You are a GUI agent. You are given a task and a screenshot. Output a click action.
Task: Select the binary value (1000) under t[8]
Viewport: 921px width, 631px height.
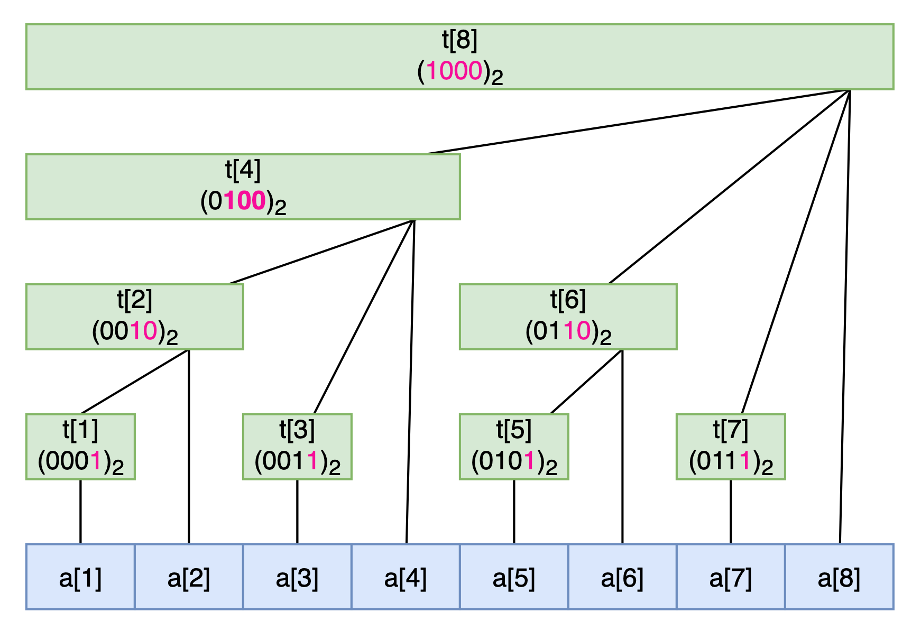point(459,72)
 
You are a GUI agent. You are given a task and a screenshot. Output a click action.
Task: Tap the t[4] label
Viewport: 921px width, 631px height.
point(243,171)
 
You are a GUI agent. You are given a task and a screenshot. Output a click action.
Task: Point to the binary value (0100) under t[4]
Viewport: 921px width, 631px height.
point(243,202)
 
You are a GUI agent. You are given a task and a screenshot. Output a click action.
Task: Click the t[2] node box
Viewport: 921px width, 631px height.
point(134,317)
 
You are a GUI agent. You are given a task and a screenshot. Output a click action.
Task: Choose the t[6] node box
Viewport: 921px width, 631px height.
point(568,317)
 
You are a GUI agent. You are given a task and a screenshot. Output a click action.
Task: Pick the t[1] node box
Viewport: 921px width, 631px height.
point(80,447)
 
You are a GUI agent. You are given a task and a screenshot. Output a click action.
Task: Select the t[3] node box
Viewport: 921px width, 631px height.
point(297,447)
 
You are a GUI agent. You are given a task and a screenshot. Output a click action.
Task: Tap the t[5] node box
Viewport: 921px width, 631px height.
point(514,447)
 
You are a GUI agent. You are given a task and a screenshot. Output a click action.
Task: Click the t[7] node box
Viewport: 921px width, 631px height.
point(731,447)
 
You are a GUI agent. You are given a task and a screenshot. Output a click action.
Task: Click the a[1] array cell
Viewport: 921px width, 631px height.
point(80,577)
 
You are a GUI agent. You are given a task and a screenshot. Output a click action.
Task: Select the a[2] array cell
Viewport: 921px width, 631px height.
point(189,577)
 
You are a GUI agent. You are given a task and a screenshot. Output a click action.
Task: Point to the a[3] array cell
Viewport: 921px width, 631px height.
point(297,577)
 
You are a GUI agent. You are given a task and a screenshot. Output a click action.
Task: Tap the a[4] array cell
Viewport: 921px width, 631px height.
point(406,577)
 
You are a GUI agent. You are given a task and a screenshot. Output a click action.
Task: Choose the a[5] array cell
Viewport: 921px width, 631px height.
point(514,577)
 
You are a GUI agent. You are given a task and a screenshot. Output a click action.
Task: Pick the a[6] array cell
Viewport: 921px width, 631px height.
point(622,577)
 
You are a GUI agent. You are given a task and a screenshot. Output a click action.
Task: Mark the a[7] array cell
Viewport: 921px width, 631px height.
point(731,577)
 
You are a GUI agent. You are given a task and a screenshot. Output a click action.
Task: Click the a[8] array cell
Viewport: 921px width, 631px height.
point(839,577)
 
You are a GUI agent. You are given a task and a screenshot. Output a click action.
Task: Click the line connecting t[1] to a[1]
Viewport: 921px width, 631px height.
point(80,512)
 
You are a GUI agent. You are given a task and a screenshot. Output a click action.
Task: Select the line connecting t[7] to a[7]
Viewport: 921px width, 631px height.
point(731,512)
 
